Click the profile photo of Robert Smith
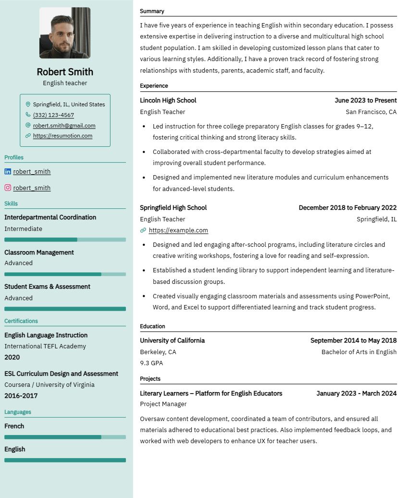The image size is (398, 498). coord(64,33)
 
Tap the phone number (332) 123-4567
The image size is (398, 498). coord(53,115)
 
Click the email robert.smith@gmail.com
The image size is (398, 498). coord(64,126)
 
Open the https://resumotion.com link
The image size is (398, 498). coord(62,136)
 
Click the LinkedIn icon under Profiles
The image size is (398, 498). coord(8,171)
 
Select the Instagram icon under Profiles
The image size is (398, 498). coord(8,188)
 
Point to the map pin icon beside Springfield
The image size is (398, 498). coord(28,104)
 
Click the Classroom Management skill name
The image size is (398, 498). coord(39,252)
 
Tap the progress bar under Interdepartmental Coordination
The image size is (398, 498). coord(65,240)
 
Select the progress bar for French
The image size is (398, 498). coord(65,437)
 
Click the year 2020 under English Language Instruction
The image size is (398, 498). coord(12,358)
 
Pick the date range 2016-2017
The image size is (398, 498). coord(21,396)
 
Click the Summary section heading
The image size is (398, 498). coord(152,11)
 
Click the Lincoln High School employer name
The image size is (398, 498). coord(168,101)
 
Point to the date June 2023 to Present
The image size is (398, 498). coord(365,101)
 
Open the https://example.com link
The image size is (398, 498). coord(178,230)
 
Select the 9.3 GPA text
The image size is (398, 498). coord(151,363)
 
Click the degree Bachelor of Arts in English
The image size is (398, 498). coord(359,352)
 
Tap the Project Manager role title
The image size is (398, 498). coord(163,404)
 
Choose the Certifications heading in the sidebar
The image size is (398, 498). coord(21,321)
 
